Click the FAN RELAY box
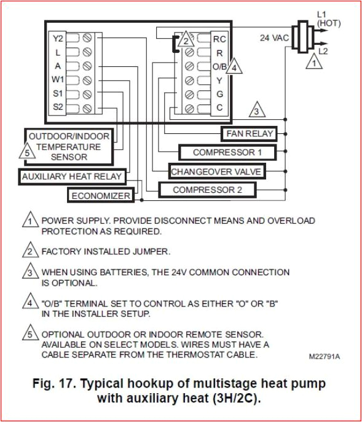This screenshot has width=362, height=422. click(249, 133)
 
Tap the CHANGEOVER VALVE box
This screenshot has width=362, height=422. click(215, 171)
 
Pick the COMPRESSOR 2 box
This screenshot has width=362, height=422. click(207, 190)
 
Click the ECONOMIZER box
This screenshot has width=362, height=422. click(101, 196)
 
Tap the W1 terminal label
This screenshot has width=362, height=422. click(58, 80)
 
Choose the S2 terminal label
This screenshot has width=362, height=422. click(58, 107)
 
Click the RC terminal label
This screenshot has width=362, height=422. click(219, 39)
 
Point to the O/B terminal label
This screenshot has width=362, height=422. click(219, 66)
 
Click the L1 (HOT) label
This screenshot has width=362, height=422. click(324, 18)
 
